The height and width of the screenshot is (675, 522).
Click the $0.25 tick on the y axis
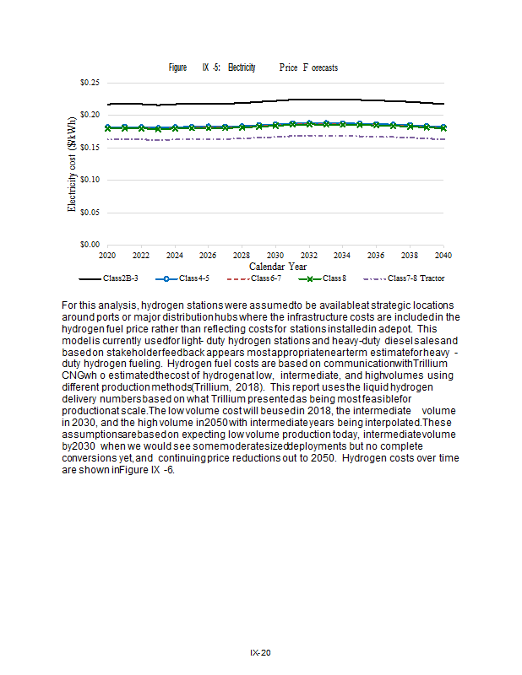90,83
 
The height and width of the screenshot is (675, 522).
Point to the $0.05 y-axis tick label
90,213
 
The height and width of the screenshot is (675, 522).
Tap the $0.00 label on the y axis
90,245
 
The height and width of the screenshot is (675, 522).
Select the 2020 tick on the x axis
107,254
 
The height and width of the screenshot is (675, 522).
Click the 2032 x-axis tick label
308,254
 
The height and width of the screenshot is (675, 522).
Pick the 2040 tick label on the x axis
443,254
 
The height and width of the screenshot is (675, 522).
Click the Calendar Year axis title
277,266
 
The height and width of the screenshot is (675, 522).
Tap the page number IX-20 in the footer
260,653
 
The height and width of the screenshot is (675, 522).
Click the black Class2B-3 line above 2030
275,101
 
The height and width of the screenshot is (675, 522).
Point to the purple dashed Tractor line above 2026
208,138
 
